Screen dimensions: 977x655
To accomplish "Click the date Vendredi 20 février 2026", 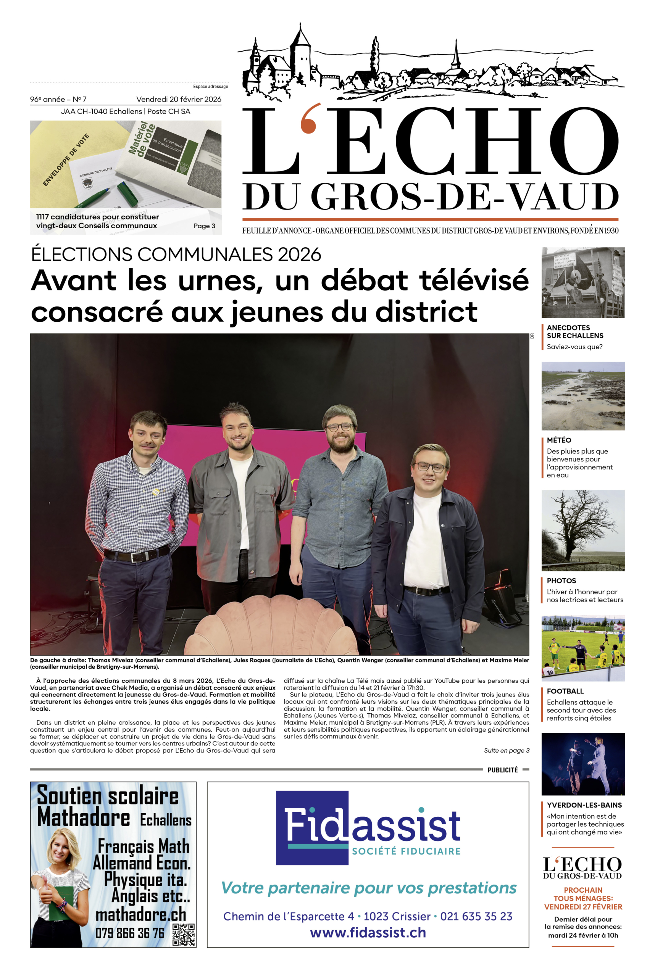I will pos(178,99).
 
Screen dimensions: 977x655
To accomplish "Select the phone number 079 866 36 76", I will pos(130,933).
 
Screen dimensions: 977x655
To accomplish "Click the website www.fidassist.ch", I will pos(368,933).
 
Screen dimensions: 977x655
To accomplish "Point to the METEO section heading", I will pos(559,440).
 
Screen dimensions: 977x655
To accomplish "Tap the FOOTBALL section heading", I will pos(565,691).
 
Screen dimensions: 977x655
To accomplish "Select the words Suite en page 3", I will pos(506,751).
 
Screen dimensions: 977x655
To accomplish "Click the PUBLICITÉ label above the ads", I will pos(503,770).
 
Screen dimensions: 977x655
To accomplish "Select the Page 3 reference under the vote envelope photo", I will pos(204,226).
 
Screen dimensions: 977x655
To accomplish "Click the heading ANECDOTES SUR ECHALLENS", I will pos(575,332).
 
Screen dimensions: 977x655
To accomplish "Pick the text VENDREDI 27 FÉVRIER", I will pos(583,907).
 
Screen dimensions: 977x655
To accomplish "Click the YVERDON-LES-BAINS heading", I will pos(584,805).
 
